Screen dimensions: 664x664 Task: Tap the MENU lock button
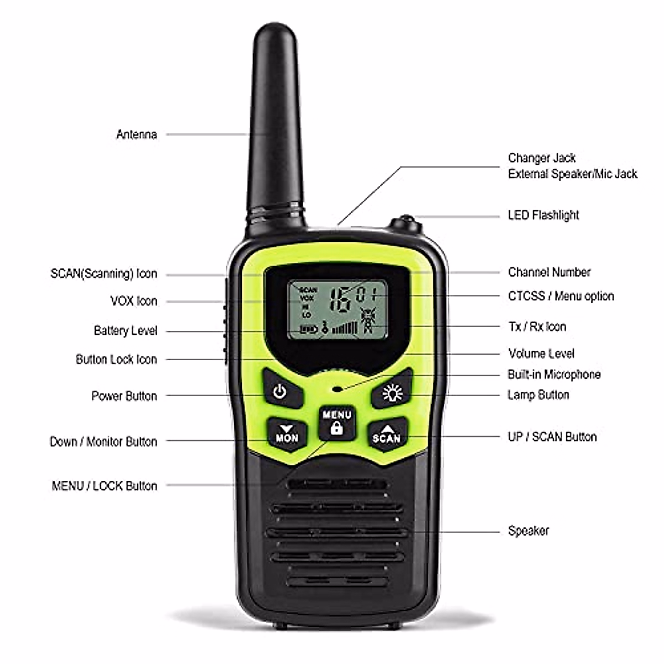[336, 423]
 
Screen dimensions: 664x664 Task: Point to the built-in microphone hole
[337, 388]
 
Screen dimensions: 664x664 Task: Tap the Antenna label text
[136, 134]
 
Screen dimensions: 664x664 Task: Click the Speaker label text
[528, 531]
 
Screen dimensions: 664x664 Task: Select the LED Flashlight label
[543, 215]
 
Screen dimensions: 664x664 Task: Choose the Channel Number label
[549, 272]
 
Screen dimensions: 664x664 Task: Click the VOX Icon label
[133, 301]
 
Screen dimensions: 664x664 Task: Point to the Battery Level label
[125, 331]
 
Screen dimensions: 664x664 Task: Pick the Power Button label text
[124, 396]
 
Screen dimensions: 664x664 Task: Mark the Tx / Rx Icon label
[537, 326]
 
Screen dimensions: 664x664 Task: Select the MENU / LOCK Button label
[104, 486]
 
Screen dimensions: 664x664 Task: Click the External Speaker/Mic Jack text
[572, 174]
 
